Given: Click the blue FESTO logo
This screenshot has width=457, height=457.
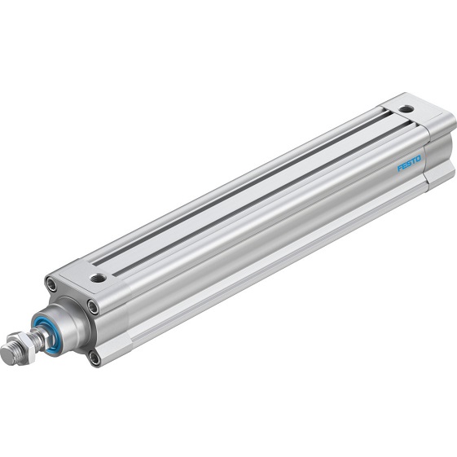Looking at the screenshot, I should pyautogui.click(x=409, y=162).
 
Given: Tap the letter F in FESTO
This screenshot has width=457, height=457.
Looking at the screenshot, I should pyautogui.click(x=400, y=168).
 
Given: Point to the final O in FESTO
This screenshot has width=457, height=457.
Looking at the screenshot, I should pyautogui.click(x=419, y=157).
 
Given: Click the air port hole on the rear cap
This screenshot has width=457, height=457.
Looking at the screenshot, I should pyautogui.click(x=405, y=108).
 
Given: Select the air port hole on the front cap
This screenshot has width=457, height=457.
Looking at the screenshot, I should pyautogui.click(x=98, y=278).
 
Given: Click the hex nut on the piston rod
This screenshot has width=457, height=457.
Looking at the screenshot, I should pyautogui.click(x=24, y=345).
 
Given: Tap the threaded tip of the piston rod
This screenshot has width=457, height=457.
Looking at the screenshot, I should pyautogui.click(x=10, y=355).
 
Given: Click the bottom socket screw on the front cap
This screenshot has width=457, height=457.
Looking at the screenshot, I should pyautogui.click(x=94, y=356).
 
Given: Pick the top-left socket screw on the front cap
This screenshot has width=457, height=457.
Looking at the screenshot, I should pyautogui.click(x=52, y=285).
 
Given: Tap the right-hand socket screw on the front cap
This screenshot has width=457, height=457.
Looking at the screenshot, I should pyautogui.click(x=93, y=307).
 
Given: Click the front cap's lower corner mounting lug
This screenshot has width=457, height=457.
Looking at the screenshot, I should pyautogui.click(x=110, y=350).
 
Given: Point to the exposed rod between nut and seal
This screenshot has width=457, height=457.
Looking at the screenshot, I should pyautogui.click(x=35, y=339).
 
